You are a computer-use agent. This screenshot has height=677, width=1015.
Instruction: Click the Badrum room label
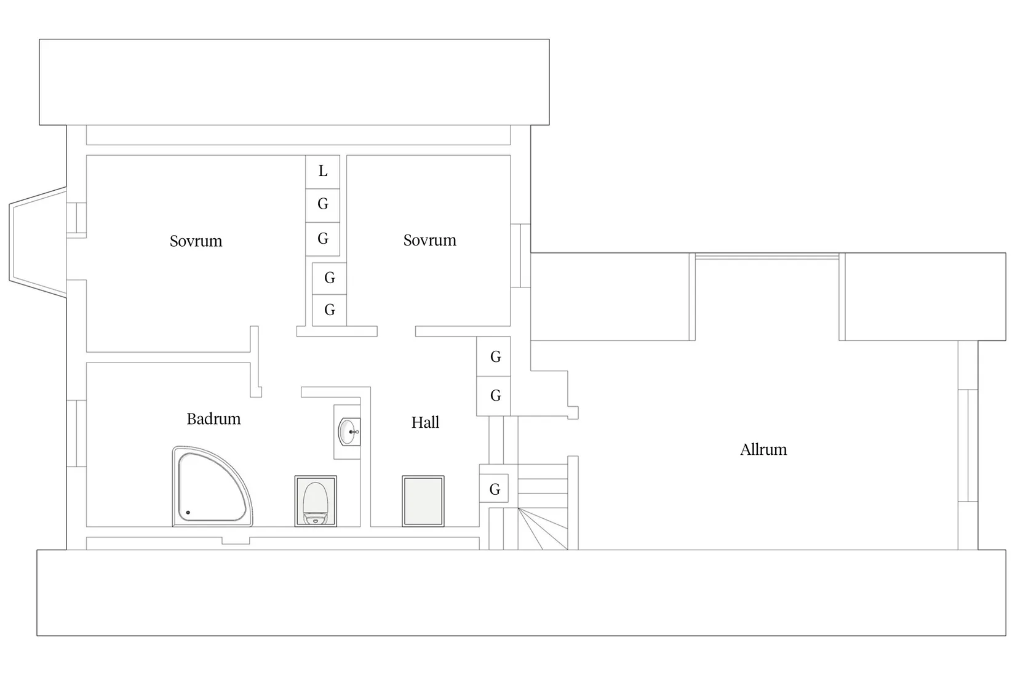(213, 419)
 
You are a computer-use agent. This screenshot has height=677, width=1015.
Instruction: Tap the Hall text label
(425, 422)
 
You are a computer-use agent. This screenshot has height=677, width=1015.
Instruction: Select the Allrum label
(763, 449)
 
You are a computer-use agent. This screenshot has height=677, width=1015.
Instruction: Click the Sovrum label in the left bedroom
(196, 241)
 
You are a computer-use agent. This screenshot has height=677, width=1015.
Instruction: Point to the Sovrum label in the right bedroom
(429, 240)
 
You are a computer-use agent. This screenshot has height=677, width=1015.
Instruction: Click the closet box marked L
(322, 172)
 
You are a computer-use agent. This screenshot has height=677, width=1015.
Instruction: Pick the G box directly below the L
(322, 206)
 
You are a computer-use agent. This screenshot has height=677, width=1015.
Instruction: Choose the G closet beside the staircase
(494, 489)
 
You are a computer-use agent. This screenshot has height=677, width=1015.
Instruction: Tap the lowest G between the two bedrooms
(330, 310)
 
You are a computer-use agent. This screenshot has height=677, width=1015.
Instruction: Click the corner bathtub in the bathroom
(212, 486)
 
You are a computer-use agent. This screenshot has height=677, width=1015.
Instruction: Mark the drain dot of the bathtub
(188, 513)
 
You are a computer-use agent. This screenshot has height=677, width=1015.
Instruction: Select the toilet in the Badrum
(316, 501)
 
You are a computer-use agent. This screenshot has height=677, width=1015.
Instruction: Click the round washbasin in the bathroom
(348, 432)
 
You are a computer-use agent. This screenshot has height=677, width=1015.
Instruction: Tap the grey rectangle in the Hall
(423, 501)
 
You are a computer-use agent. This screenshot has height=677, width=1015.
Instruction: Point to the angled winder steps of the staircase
(543, 529)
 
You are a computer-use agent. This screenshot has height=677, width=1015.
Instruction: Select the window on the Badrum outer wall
(76, 433)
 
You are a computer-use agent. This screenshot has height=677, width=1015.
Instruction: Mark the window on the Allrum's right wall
(968, 446)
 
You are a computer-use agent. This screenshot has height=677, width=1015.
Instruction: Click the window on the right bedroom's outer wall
(520, 256)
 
